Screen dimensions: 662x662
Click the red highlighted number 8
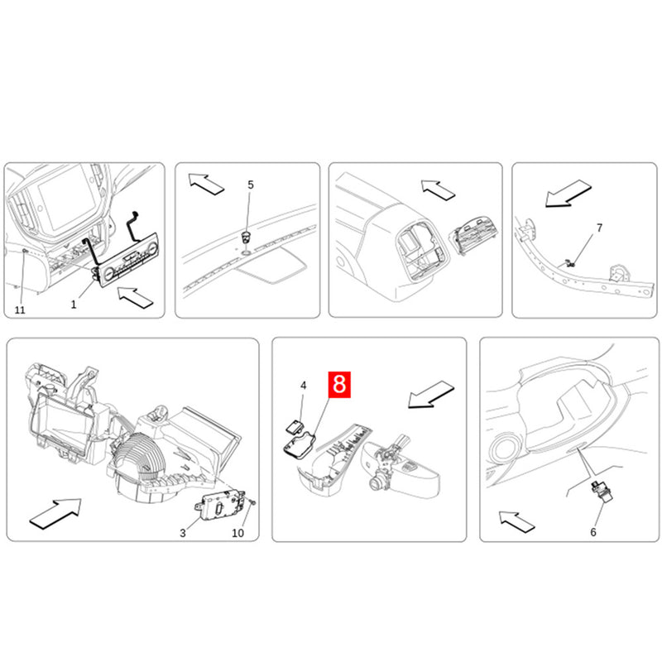(339, 384)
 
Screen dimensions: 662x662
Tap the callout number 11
(20, 309)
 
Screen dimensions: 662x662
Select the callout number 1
(74, 305)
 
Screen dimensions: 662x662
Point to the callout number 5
(251, 185)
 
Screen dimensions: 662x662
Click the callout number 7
(599, 228)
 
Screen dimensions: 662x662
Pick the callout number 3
(182, 533)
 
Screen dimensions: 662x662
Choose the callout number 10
(237, 533)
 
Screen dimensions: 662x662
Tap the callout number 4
(303, 386)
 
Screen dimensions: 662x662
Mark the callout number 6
(592, 532)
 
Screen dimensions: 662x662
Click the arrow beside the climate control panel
(136, 297)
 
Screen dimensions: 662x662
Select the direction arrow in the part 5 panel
(206, 184)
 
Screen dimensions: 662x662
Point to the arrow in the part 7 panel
(568, 194)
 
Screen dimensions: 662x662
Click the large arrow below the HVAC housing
(55, 512)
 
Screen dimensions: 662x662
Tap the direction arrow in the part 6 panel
(516, 521)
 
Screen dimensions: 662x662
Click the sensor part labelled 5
(246, 237)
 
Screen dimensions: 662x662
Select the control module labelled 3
(220, 505)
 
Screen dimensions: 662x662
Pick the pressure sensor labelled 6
(602, 491)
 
